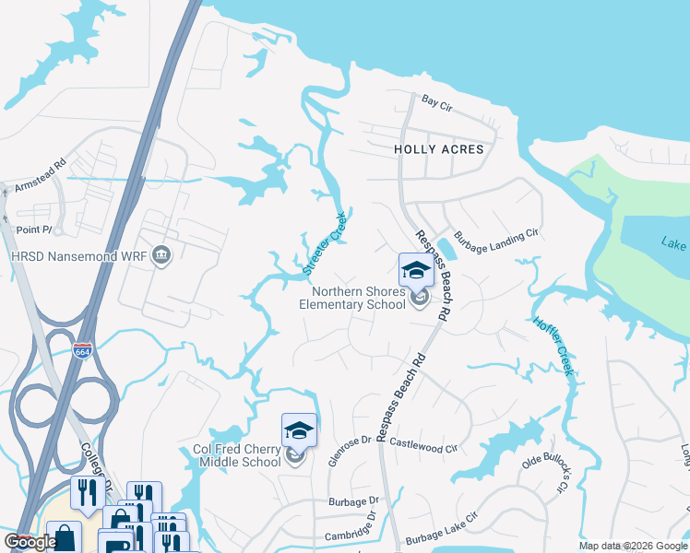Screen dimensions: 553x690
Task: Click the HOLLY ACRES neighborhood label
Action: pyautogui.click(x=439, y=148)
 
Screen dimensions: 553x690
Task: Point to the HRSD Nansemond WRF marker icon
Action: pyautogui.click(x=162, y=254)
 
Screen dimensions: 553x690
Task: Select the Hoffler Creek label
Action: pyautogui.click(x=554, y=346)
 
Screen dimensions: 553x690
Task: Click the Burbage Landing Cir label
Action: pyautogui.click(x=494, y=236)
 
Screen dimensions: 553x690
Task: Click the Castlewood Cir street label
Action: pyautogui.click(x=424, y=443)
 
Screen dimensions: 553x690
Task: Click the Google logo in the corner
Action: pyautogui.click(x=30, y=543)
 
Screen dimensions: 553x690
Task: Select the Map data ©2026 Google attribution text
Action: pyautogui.click(x=633, y=546)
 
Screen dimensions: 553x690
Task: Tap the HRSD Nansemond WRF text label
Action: pyautogui.click(x=77, y=255)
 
